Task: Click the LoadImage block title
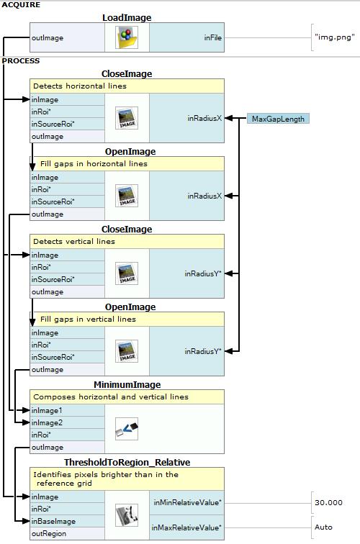pos(127,18)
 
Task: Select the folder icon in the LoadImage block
pos(127,37)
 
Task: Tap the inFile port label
pos(213,38)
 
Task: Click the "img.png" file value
pos(335,37)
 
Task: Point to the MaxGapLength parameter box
pos(278,119)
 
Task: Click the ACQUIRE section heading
pos(21,5)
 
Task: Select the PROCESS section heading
pos(21,60)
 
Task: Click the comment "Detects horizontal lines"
pos(80,86)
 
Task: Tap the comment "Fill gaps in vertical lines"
pos(88,319)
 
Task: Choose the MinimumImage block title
pos(127,385)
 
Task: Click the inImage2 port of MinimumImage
pos(47,422)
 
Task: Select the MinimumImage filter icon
pos(127,429)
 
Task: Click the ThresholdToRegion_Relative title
pos(127,463)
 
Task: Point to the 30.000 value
pos(328,502)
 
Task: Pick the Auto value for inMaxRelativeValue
pos(323,527)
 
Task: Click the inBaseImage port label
pos(53,521)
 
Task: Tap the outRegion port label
pos(49,534)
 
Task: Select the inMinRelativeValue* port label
pos(187,502)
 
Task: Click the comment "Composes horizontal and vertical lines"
pos(111,397)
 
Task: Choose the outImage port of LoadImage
pos(48,38)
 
